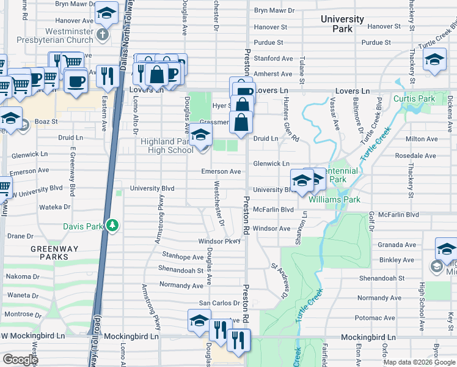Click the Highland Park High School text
167,146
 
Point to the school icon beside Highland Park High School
200,136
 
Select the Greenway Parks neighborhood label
50,253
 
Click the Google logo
20,360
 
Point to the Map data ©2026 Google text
420,362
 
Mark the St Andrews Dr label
279,281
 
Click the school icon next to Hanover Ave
107,12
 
